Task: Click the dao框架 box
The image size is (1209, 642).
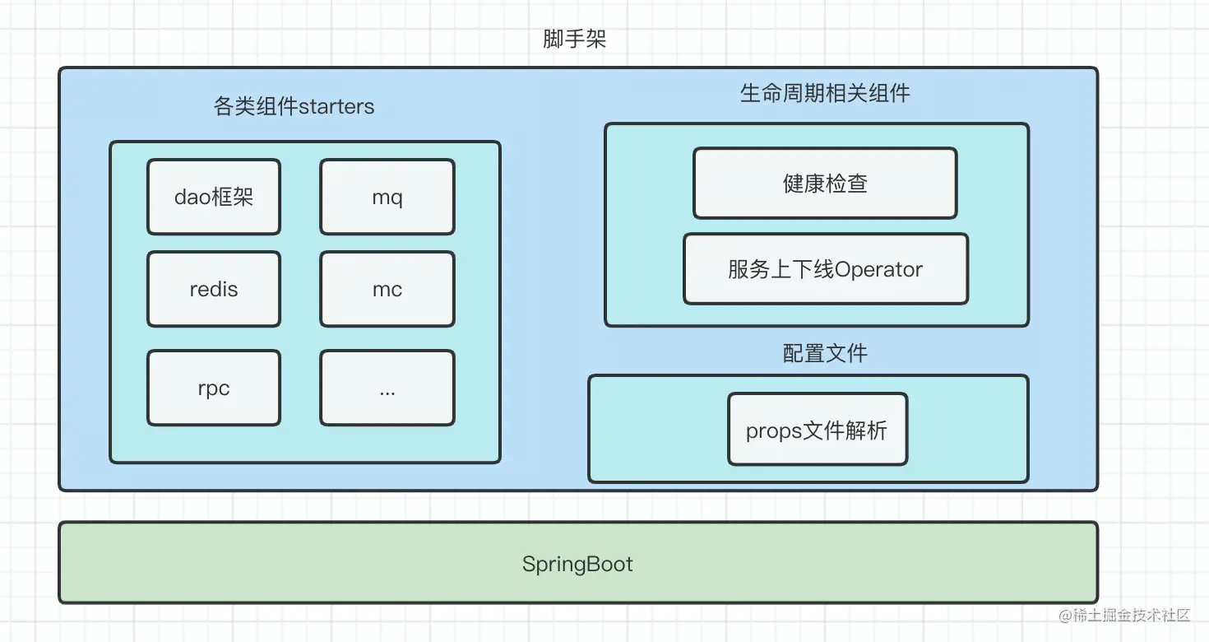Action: (x=214, y=197)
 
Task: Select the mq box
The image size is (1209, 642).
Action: (x=387, y=197)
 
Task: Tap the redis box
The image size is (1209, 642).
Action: (x=214, y=289)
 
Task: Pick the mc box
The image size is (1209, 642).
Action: (x=387, y=289)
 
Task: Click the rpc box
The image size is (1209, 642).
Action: (x=214, y=388)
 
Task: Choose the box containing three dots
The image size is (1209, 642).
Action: (x=387, y=388)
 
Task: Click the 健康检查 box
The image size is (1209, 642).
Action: (x=825, y=183)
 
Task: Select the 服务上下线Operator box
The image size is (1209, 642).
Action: (x=826, y=269)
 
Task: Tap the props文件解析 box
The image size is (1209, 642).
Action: (x=818, y=430)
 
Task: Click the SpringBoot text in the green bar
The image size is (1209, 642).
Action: (x=577, y=565)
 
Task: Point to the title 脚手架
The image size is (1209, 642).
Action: (x=574, y=39)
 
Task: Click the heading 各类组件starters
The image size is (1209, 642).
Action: (x=294, y=106)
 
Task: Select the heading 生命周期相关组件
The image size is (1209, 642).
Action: (x=825, y=93)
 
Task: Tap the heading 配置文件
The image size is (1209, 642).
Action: (x=825, y=353)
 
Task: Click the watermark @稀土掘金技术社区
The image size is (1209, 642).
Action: (x=1124, y=615)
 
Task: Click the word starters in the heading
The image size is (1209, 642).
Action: (x=336, y=107)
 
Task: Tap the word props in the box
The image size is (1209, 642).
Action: (x=773, y=431)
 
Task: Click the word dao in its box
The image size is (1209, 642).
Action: (x=192, y=197)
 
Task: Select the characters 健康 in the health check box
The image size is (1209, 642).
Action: (x=804, y=184)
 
